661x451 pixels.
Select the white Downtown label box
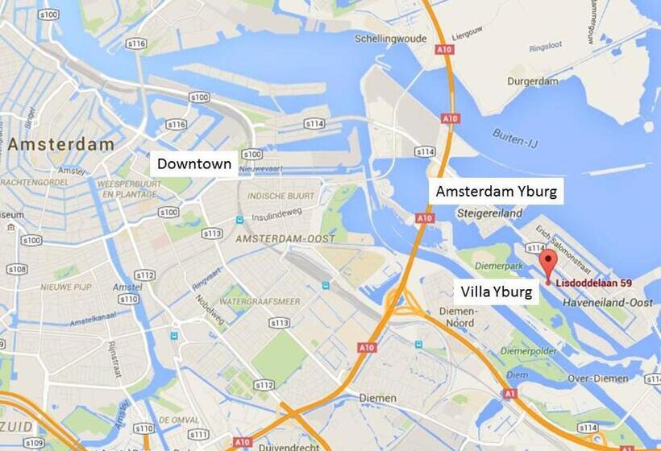coord(194,164)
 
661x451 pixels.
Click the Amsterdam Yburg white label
coord(496,192)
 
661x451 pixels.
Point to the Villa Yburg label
coord(496,292)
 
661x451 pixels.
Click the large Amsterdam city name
coord(61,145)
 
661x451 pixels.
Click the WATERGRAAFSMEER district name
coord(260,302)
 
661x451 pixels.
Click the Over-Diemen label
coord(597,377)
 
